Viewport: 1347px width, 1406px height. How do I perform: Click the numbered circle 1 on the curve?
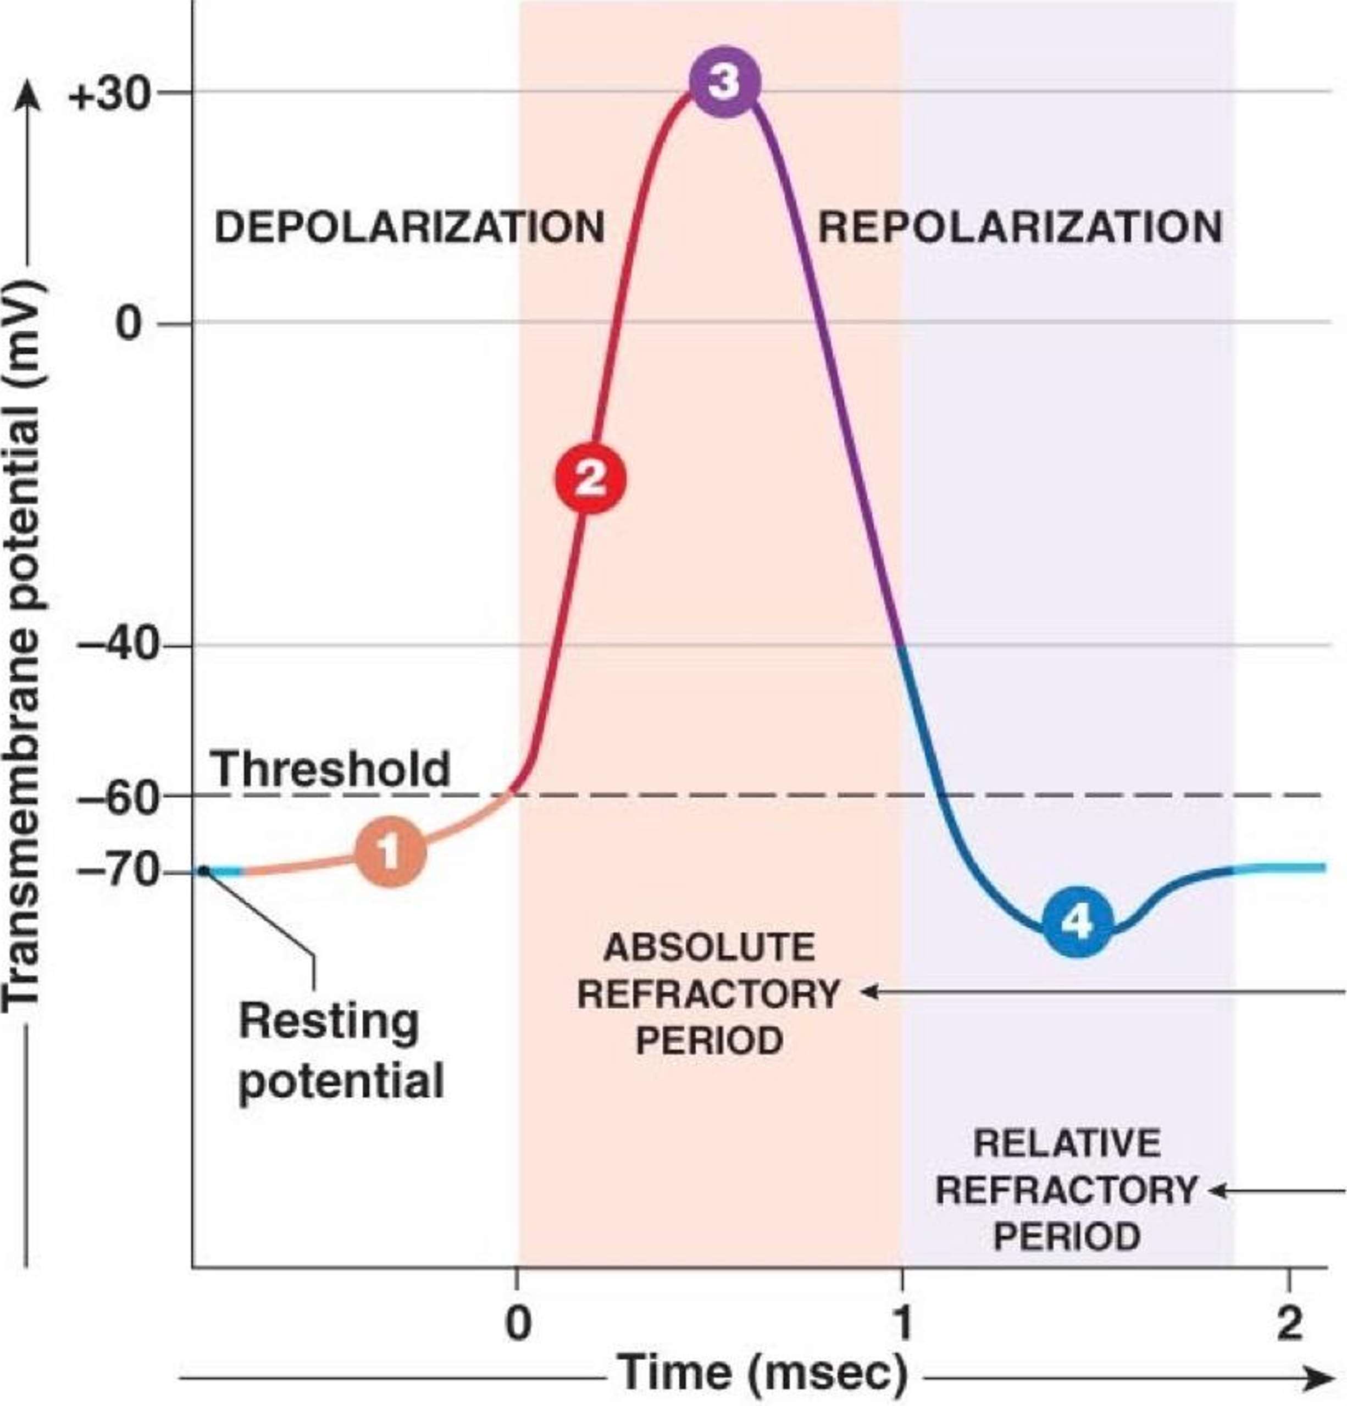pos(390,852)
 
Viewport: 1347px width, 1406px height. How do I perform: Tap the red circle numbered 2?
pos(590,479)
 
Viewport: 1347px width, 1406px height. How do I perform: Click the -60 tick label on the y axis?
pos(117,796)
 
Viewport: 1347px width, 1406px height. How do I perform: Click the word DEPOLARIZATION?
pos(409,228)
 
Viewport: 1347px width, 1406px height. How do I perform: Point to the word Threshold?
pos(330,769)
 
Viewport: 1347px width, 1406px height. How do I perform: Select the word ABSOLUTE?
pos(709,948)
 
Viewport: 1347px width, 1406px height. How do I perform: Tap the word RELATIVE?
pos(1066,1143)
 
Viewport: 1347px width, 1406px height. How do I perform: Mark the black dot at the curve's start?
pos(203,871)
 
